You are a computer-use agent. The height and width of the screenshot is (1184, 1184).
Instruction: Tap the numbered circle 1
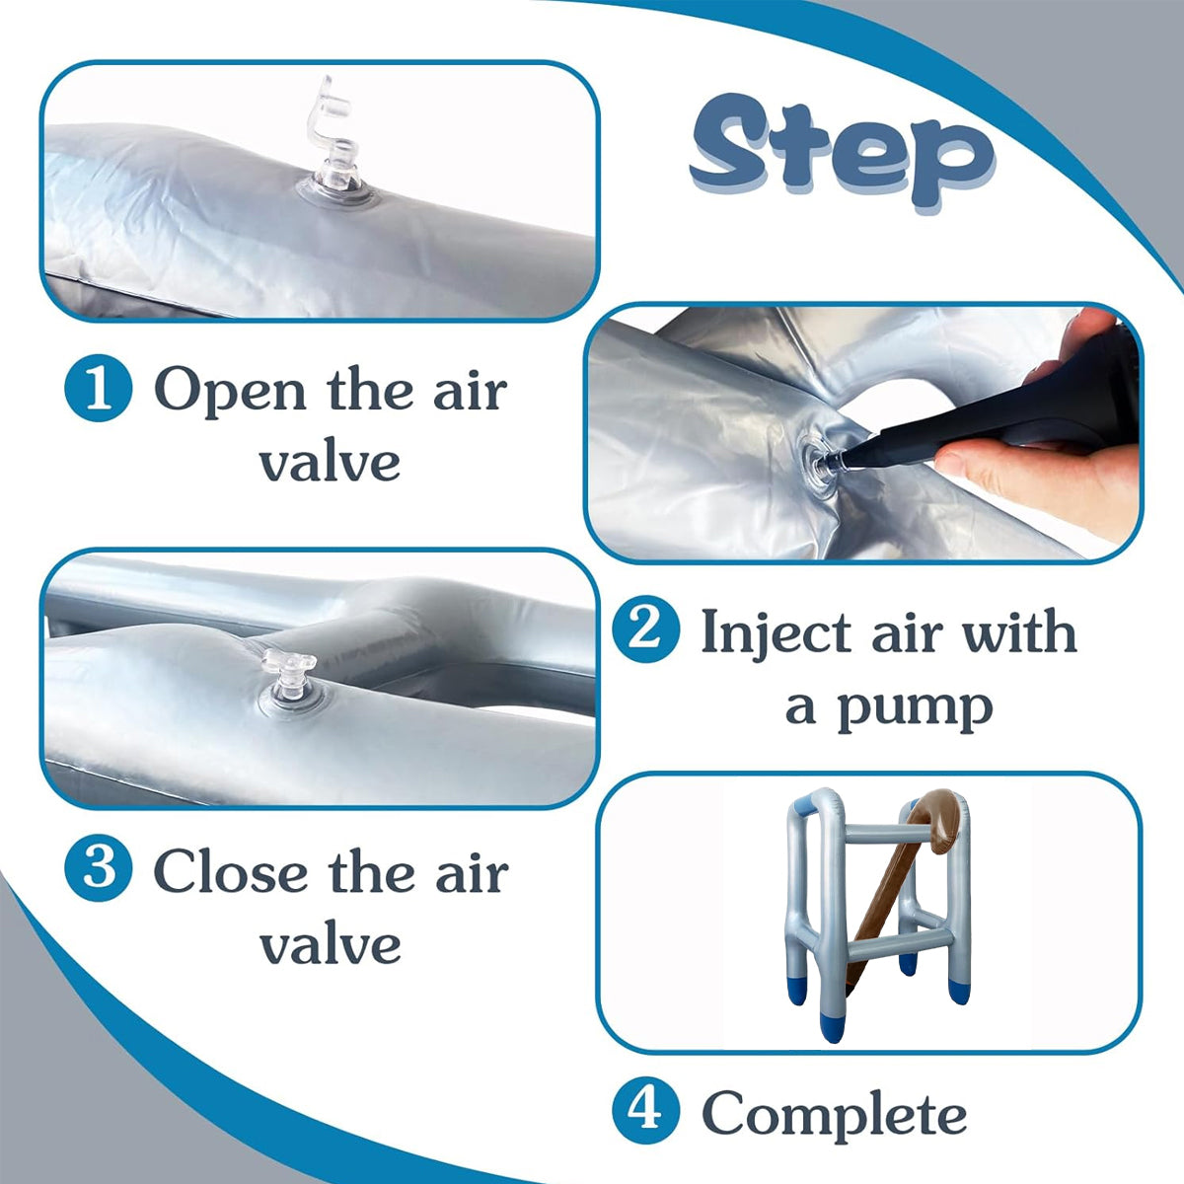coord(99,390)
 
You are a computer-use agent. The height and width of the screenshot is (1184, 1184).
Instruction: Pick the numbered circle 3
coord(99,872)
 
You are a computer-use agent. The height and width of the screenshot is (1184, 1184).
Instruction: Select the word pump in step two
coord(915,710)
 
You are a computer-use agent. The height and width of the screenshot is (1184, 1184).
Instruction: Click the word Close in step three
coord(231,873)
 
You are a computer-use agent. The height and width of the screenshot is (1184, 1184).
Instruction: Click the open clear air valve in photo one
coord(332,148)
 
